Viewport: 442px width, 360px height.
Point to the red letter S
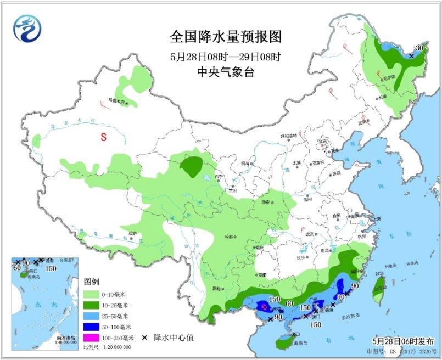coord(103,138)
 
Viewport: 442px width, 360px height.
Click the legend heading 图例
coord(91,282)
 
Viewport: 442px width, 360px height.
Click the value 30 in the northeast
coord(419,48)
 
